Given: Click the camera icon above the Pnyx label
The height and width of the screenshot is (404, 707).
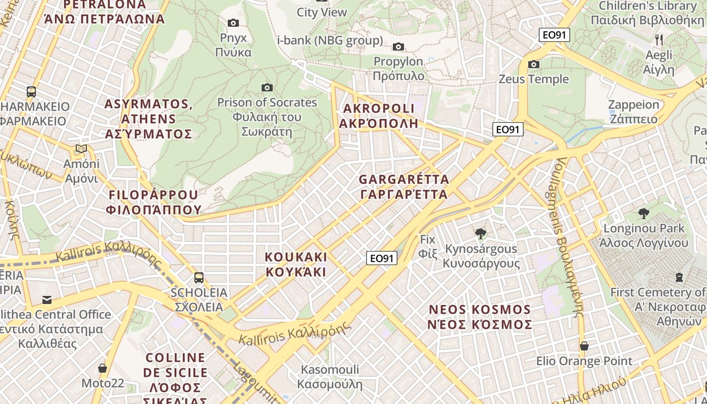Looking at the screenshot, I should pos(233,23).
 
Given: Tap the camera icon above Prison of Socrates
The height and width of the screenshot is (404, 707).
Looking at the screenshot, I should pos(267,87).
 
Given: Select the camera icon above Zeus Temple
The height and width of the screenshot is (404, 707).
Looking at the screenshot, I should pos(533,64).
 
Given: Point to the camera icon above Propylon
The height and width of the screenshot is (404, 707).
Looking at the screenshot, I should pos(398,46).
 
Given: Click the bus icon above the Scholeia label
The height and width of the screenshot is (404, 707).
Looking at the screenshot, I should pos(199,277).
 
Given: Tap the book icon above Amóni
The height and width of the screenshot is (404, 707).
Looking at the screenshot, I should pos(81,149).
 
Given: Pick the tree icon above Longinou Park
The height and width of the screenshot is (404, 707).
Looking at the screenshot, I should pos(643,214).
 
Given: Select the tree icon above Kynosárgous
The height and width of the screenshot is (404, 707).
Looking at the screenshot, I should pos(481,234).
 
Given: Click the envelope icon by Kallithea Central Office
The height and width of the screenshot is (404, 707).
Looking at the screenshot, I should pos(47,300).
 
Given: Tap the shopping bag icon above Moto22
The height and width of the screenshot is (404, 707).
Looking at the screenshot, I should pos(103,368).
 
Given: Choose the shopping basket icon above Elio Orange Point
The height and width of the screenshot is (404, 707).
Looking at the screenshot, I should pos(584,346).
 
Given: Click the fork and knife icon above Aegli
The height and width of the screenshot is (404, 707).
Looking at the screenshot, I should pos(659,39).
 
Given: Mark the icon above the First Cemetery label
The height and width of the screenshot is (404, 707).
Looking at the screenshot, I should pos(679,277).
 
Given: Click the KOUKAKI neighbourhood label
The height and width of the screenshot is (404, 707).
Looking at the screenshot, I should pos(296,264).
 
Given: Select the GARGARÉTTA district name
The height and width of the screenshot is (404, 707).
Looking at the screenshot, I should pos(404,187).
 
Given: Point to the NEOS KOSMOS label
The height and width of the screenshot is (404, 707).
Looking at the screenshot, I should pos(480,317).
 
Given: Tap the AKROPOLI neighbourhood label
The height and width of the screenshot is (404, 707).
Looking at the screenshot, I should pos(379,116).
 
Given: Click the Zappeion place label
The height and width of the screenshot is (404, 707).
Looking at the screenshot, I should pos(634,112).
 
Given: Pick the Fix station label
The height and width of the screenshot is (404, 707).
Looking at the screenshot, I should pos(428,246).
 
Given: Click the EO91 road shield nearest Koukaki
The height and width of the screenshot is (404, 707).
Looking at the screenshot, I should pos(382,259).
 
